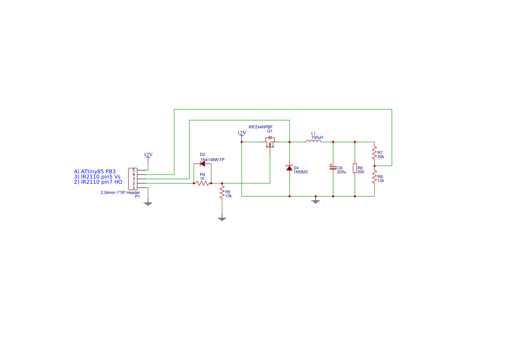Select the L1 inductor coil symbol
(x=313, y=141)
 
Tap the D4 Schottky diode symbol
(x=289, y=168)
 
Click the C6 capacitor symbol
(x=333, y=168)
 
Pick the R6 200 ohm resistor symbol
(x=355, y=168)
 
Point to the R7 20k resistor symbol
(x=374, y=152)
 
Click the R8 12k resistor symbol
(x=374, y=177)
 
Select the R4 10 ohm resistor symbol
(x=202, y=183)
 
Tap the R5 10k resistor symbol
(x=222, y=192)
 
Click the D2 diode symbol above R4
(x=202, y=164)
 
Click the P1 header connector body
(x=133, y=179)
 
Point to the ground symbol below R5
(x=222, y=219)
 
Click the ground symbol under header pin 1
(x=148, y=204)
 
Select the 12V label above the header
(x=148, y=155)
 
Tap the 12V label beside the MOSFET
(x=242, y=133)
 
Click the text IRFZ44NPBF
(x=261, y=127)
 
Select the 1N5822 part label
(x=300, y=172)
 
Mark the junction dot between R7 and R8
(x=374, y=166)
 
